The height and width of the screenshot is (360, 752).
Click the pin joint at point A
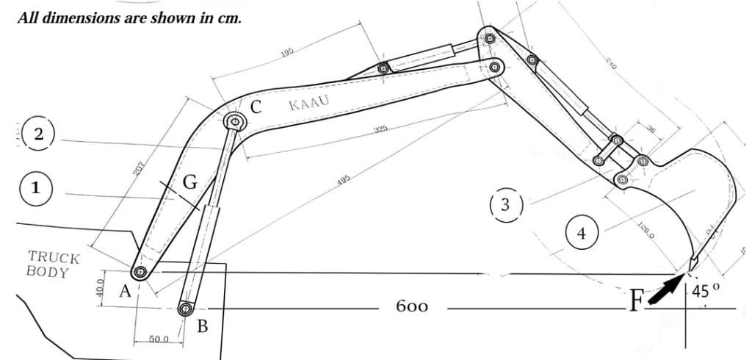point(140,273)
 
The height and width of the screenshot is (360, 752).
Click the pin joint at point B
point(185,309)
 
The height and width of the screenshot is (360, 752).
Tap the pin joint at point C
point(235,121)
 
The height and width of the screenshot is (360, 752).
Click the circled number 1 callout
point(34,187)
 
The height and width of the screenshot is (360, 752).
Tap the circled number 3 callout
point(505,204)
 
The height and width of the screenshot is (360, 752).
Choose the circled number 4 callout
point(582,234)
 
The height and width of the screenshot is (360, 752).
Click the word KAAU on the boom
point(308,103)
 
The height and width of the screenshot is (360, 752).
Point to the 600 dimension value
point(412,306)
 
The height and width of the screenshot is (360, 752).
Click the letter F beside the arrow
point(636,299)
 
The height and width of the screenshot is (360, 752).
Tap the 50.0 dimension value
point(159,339)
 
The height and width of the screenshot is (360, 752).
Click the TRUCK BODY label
point(53,264)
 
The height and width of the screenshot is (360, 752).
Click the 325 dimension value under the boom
point(380,130)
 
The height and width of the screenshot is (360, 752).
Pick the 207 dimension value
point(137,168)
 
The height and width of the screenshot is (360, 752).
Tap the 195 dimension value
point(287,51)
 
